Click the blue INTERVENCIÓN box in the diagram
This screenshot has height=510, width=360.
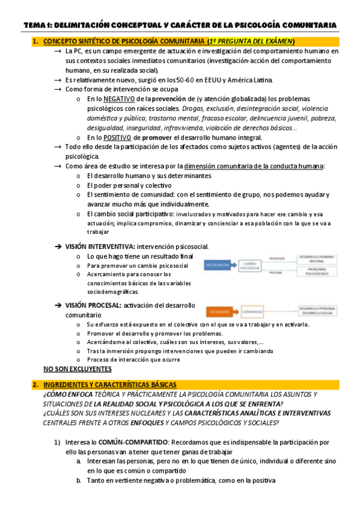217,265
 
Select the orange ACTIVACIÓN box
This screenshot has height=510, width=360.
219,312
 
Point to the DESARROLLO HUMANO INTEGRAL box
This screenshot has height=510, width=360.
318,258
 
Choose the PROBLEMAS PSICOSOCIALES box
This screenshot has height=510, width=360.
318,272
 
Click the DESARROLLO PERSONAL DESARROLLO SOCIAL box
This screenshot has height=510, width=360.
317,312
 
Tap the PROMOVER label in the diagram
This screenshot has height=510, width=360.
276,258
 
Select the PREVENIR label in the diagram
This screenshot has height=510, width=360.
276,272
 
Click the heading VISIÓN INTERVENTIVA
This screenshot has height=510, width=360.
99,246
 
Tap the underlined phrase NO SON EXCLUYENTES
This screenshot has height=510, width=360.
78,369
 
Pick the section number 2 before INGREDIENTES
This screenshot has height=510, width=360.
35,384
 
